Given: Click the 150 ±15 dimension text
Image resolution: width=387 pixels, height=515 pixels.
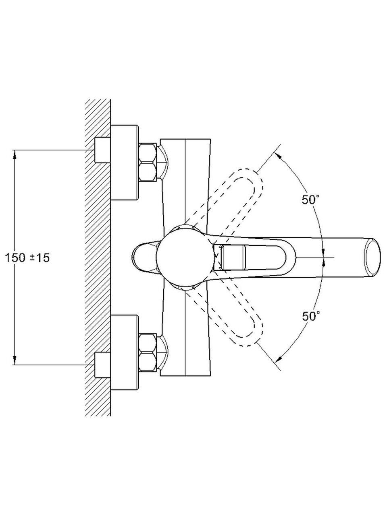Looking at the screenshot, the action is (x=27, y=258).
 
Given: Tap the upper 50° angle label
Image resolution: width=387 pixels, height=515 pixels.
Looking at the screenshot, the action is (x=310, y=199).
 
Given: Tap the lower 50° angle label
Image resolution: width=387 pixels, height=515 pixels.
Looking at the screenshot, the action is (x=311, y=316).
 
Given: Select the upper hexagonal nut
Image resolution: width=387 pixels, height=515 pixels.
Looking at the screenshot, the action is (x=148, y=162).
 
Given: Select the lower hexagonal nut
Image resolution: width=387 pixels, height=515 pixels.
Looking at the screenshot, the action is (x=148, y=352).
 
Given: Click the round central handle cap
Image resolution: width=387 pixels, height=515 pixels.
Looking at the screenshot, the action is (x=185, y=257).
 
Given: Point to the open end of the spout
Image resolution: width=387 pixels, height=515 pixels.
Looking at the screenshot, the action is (x=372, y=257).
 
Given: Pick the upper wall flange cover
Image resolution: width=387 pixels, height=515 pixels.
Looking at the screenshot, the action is (x=125, y=163).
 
